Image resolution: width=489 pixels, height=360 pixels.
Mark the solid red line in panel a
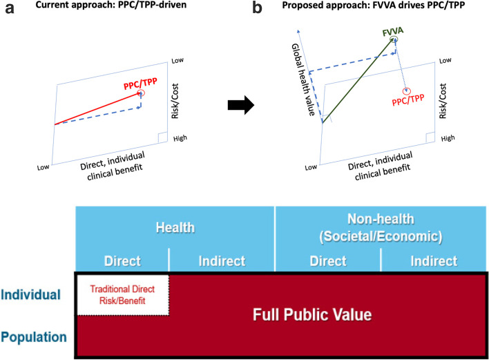(x=97, y=108)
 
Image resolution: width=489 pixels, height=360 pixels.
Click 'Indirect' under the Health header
(x=222, y=262)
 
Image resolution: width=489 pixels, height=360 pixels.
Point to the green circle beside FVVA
(x=394, y=41)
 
